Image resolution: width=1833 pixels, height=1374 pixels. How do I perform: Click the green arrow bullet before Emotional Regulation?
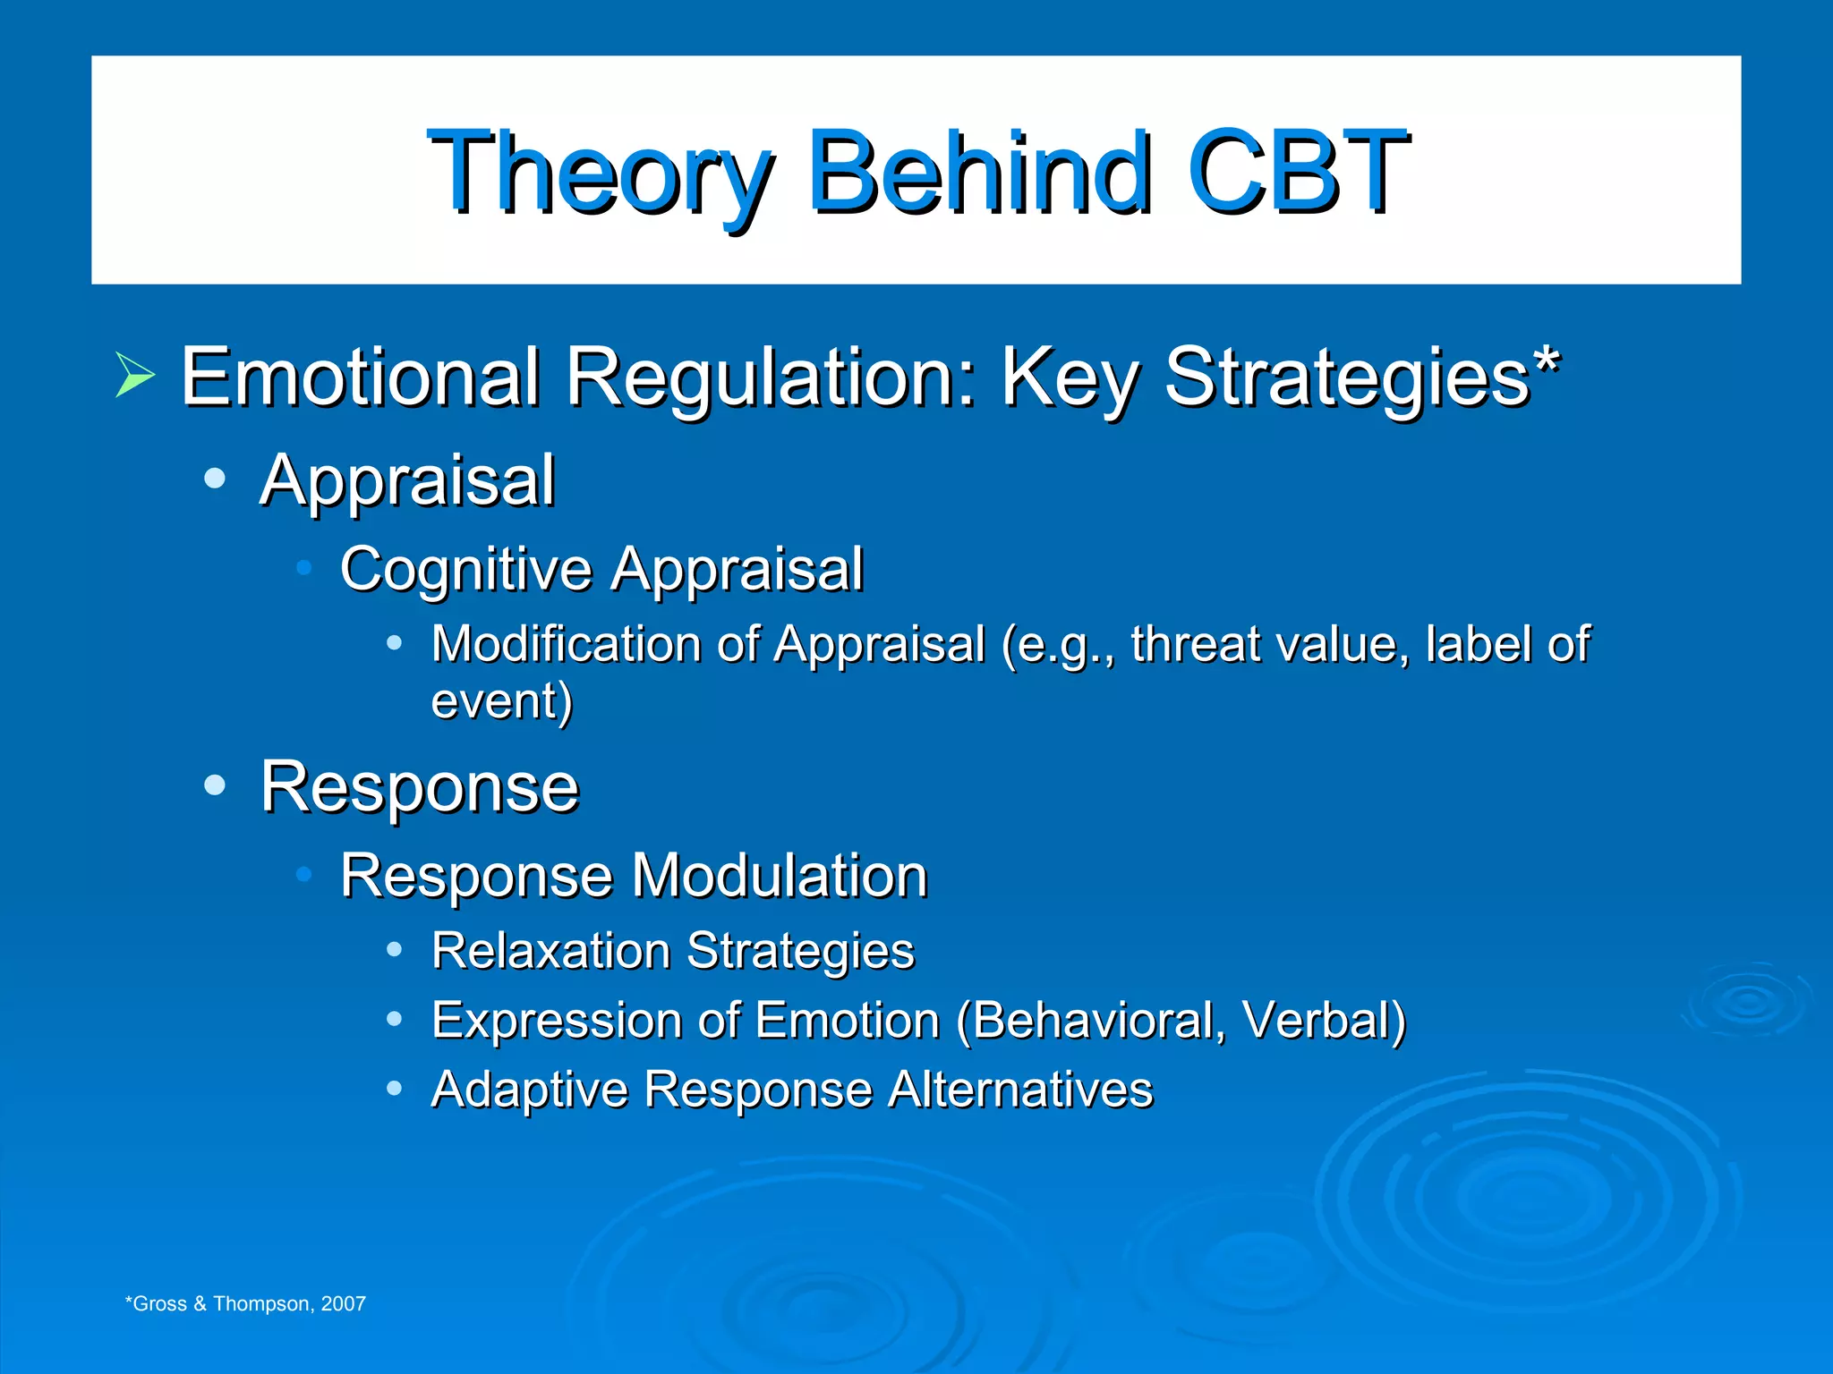(x=135, y=376)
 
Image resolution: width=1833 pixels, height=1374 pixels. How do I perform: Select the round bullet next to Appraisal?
(x=215, y=479)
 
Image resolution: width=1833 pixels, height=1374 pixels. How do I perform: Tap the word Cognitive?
(x=466, y=570)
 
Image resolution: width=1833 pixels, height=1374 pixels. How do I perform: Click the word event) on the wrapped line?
(x=501, y=700)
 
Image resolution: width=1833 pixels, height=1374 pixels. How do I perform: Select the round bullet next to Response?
(x=215, y=785)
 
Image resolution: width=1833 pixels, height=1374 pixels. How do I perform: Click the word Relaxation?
(x=550, y=950)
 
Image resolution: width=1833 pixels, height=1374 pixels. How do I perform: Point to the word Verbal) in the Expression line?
(x=1324, y=1020)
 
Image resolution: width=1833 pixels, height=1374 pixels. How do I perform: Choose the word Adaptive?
(x=529, y=1090)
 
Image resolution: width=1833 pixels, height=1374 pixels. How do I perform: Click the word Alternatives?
(x=1020, y=1090)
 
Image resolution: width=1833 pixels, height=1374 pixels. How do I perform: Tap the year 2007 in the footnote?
(x=344, y=1303)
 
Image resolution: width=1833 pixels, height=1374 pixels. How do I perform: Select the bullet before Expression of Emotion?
(x=394, y=1019)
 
